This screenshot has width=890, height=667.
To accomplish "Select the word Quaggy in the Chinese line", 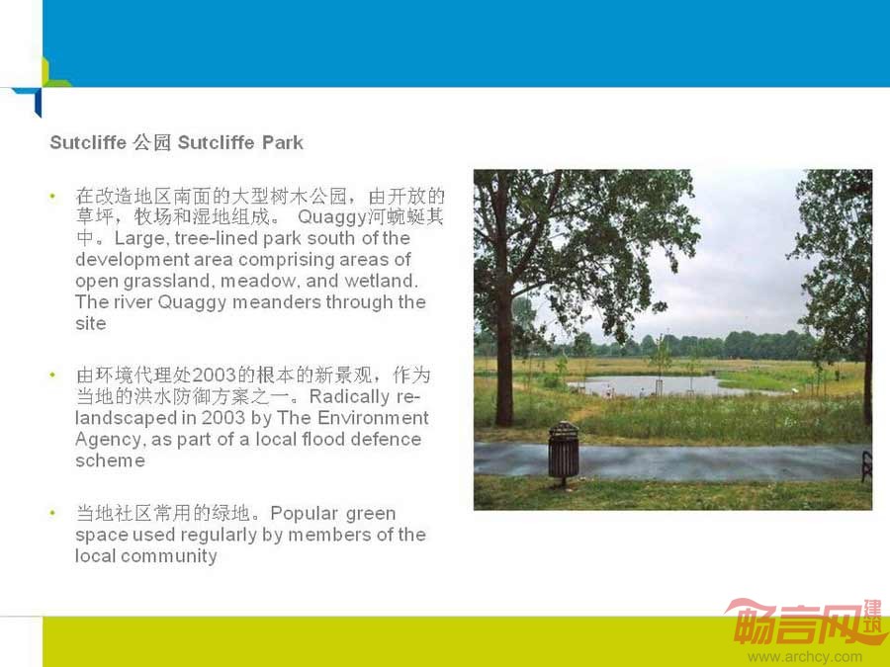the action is click(x=332, y=217).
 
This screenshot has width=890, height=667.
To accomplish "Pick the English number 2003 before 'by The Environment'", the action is click(x=223, y=418).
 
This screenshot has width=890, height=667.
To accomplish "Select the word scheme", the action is click(x=110, y=460).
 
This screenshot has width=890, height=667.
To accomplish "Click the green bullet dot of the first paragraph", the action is click(x=52, y=197).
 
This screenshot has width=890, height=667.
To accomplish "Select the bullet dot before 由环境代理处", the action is click(x=52, y=375).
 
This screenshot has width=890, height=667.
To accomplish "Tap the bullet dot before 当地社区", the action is click(x=52, y=513).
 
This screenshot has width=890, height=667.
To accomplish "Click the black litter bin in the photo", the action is click(x=564, y=452).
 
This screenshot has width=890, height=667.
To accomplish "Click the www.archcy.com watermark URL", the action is click(x=805, y=657).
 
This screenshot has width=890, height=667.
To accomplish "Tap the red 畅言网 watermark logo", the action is click(x=806, y=623).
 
